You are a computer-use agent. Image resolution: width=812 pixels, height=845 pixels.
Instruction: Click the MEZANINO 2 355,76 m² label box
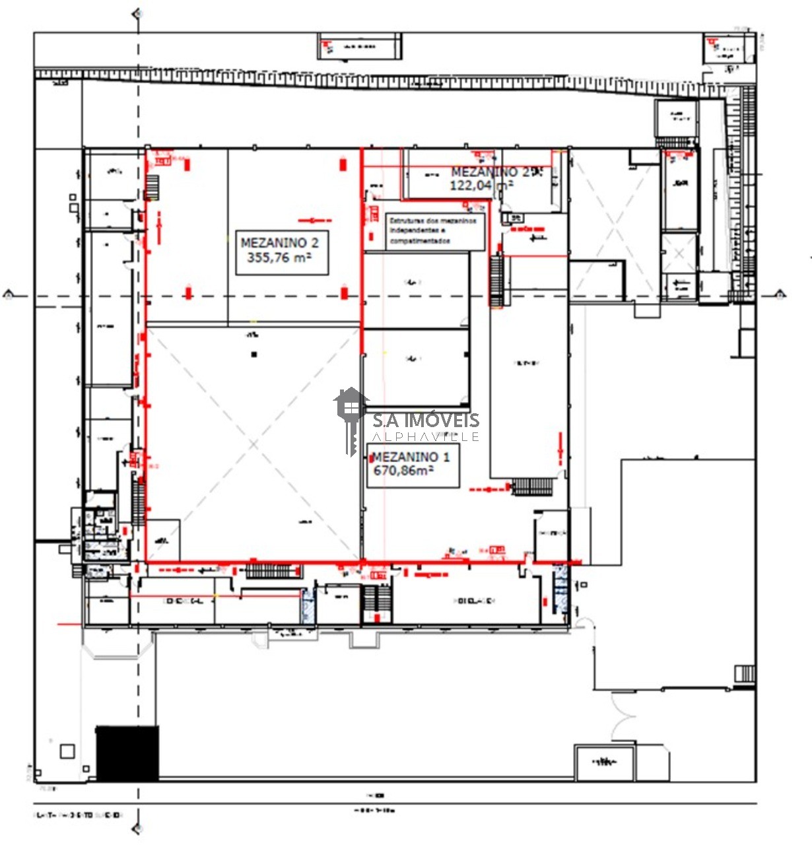(x=282, y=252)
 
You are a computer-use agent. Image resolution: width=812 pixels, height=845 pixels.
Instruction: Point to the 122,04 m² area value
(x=481, y=186)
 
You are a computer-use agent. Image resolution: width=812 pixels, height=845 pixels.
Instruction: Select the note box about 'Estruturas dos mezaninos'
(x=435, y=231)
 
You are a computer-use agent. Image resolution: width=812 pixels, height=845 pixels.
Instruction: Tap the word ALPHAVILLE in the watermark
(x=426, y=436)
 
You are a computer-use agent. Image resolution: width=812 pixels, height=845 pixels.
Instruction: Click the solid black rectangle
(x=127, y=753)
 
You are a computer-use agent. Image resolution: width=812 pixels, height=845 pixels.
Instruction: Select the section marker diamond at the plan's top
(x=137, y=13)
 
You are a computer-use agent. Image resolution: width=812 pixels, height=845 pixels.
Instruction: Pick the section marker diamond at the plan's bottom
(x=137, y=828)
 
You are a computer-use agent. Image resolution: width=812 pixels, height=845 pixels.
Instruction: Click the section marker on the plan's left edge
(x=9, y=295)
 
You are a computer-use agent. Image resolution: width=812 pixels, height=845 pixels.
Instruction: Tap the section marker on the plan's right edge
(x=780, y=295)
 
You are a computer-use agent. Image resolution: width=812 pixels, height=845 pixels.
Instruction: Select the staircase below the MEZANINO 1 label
(x=532, y=487)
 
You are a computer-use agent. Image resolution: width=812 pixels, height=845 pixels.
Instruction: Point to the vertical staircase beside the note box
(x=496, y=281)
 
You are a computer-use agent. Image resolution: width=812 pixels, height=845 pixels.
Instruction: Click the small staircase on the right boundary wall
(x=745, y=673)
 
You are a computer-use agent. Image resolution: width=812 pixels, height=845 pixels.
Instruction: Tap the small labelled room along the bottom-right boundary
(x=605, y=762)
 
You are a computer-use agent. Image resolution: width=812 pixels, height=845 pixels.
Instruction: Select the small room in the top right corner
(x=729, y=49)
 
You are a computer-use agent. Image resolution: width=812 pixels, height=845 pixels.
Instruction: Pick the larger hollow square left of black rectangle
(x=67, y=751)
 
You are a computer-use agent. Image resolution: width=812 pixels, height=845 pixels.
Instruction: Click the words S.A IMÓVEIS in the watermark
(x=426, y=420)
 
